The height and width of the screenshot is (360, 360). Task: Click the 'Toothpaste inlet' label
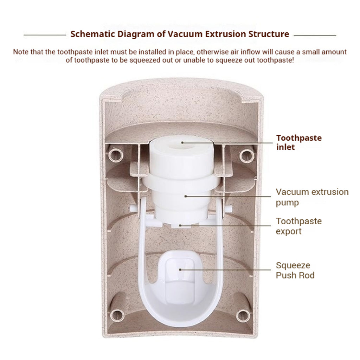(x=299, y=142)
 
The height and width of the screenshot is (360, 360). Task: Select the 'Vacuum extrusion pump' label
(x=312, y=197)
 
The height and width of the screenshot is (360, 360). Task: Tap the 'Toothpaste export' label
(x=299, y=226)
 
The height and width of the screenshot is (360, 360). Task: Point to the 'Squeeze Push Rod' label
(x=295, y=270)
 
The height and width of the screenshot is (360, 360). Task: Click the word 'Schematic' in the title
(x=92, y=34)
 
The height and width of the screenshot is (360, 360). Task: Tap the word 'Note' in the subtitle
(x=20, y=52)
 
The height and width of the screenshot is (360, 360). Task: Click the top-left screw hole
(x=116, y=155)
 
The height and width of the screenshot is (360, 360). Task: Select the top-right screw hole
(x=247, y=155)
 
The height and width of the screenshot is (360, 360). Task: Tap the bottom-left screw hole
(x=117, y=315)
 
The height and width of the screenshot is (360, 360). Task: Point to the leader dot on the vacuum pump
(x=186, y=196)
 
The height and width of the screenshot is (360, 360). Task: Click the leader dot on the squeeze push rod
(x=180, y=270)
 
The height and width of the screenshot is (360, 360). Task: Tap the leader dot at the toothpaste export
(x=180, y=225)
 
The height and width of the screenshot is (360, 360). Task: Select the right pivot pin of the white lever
(x=228, y=208)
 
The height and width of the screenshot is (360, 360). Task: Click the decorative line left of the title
(x=45, y=35)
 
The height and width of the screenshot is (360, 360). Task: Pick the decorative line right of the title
(x=315, y=36)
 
